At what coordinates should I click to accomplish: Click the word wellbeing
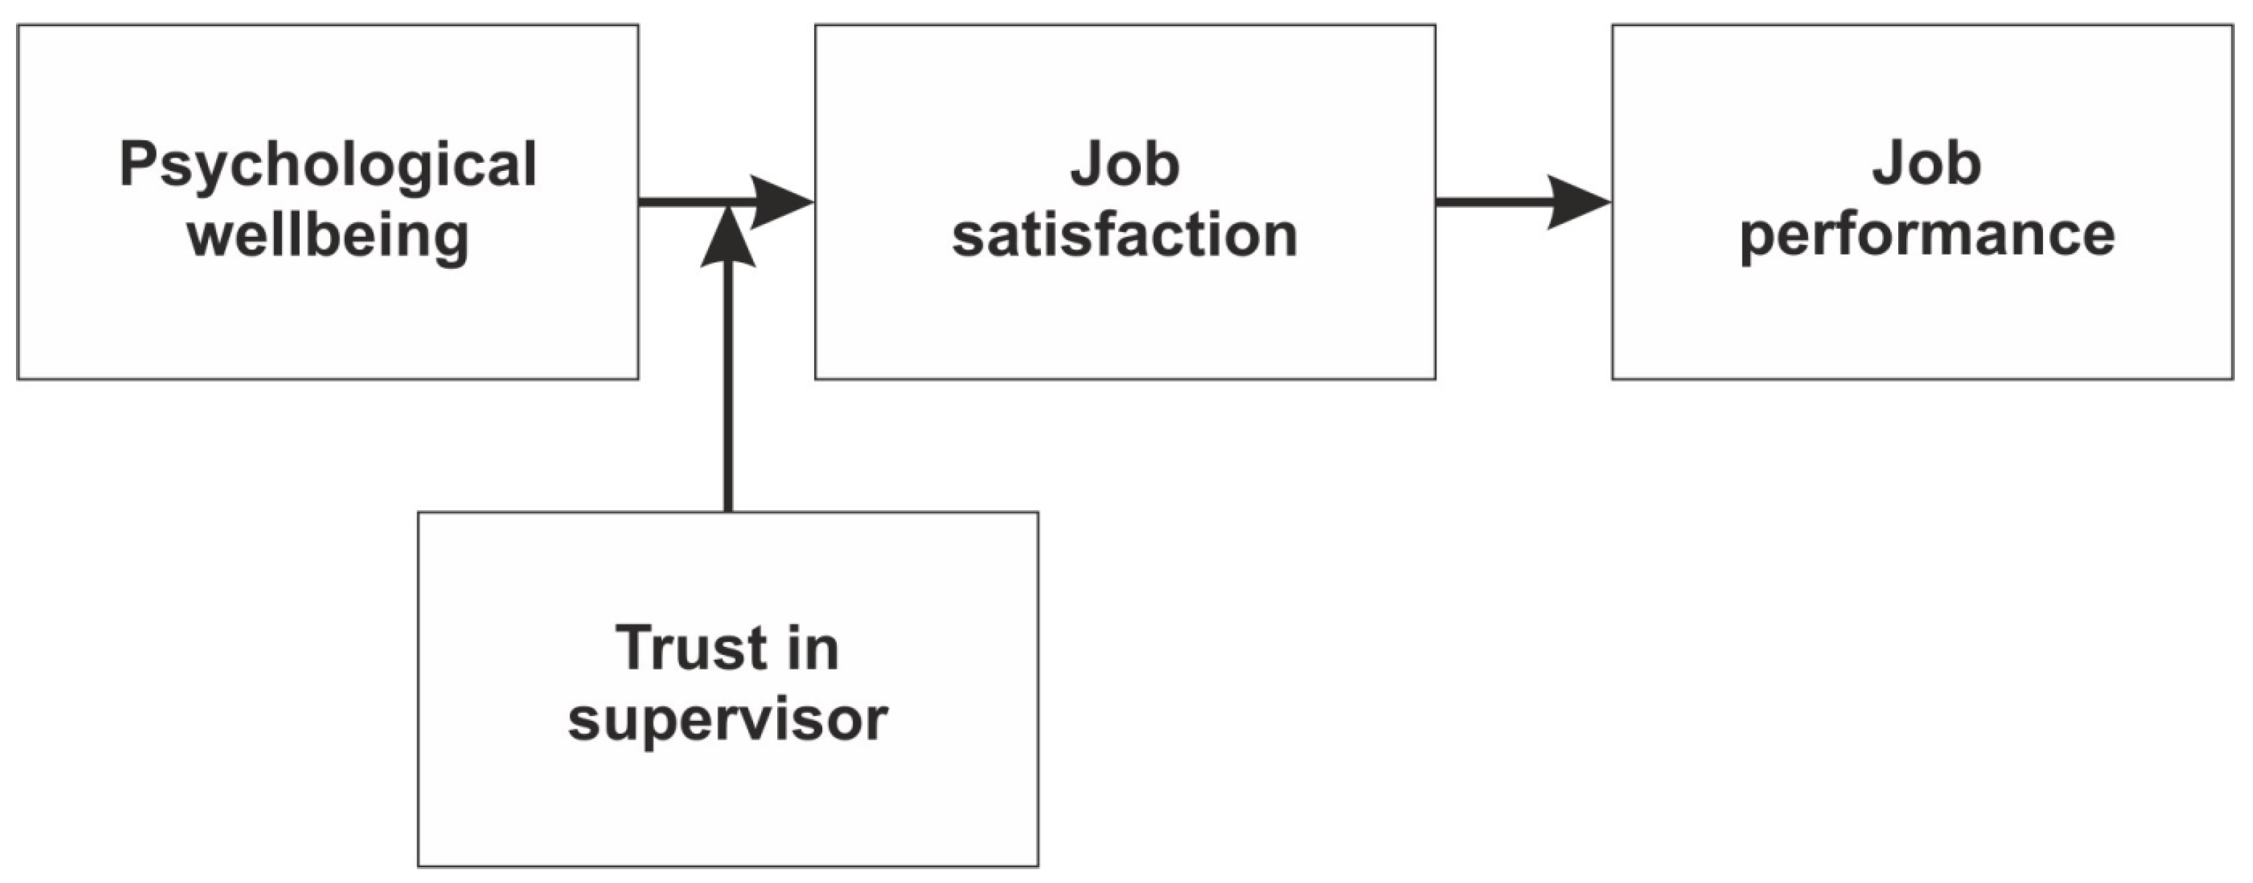(328, 236)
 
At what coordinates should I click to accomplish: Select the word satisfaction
(1125, 236)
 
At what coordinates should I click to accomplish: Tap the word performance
(1927, 236)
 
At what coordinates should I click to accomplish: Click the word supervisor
(728, 719)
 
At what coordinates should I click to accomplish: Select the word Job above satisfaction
(1125, 164)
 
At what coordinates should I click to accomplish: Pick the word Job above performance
(1927, 164)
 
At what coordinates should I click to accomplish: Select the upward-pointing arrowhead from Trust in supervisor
(728, 238)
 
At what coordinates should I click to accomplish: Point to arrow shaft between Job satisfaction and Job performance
(1491, 202)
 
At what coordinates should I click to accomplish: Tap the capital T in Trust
(634, 649)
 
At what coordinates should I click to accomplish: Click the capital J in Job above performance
(1887, 164)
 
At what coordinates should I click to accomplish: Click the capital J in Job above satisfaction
(1085, 164)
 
